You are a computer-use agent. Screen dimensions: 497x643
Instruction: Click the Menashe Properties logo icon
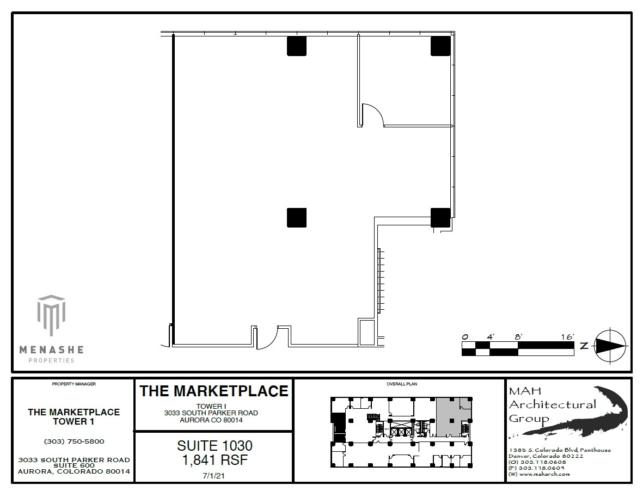pyautogui.click(x=51, y=316)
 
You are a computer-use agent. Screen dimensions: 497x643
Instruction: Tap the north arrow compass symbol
pyautogui.click(x=610, y=346)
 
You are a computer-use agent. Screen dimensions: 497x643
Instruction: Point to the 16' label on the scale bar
pyautogui.click(x=567, y=337)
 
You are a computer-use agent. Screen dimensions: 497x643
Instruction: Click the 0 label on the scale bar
pyautogui.click(x=464, y=337)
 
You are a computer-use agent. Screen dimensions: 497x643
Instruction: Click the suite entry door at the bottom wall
pyautogui.click(x=267, y=338)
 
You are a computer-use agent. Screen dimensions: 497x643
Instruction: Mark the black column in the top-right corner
pyautogui.click(x=440, y=46)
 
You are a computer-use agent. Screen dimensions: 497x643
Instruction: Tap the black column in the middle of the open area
pyautogui.click(x=297, y=218)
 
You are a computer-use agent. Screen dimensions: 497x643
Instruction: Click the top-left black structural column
pyautogui.click(x=297, y=46)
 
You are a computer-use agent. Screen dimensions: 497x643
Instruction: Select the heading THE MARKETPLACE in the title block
pyautogui.click(x=214, y=391)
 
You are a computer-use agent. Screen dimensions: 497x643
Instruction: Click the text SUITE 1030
pyautogui.click(x=214, y=446)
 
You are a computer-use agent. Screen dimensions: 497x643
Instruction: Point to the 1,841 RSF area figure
pyautogui.click(x=214, y=460)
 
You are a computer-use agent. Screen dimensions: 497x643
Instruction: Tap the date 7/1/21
pyautogui.click(x=214, y=475)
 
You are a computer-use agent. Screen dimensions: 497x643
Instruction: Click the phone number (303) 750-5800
pyautogui.click(x=74, y=441)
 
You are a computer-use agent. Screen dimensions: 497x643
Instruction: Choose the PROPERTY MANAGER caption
pyautogui.click(x=74, y=384)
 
